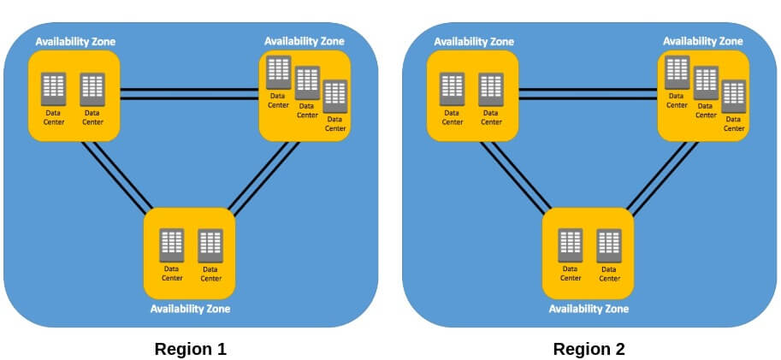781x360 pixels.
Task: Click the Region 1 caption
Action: pos(190,349)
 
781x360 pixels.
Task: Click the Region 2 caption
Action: pos(589,349)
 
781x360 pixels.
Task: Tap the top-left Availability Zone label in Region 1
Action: pos(75,41)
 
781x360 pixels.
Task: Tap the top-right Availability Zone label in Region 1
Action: pos(305,40)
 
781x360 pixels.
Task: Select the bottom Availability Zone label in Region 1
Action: pos(190,309)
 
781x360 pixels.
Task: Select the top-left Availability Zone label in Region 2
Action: pos(474,41)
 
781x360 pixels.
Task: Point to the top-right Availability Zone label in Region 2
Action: pos(703,40)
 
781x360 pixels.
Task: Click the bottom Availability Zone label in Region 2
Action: pos(589,309)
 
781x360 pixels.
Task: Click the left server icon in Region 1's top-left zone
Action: pos(53,86)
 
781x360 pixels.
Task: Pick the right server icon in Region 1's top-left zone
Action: pos(92,86)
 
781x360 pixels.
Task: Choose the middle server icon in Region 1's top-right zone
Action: pos(307,82)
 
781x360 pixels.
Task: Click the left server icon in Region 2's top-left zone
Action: pos(452,86)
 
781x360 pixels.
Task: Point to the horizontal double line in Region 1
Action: pos(189,94)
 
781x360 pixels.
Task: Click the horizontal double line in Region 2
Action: pos(588,94)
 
